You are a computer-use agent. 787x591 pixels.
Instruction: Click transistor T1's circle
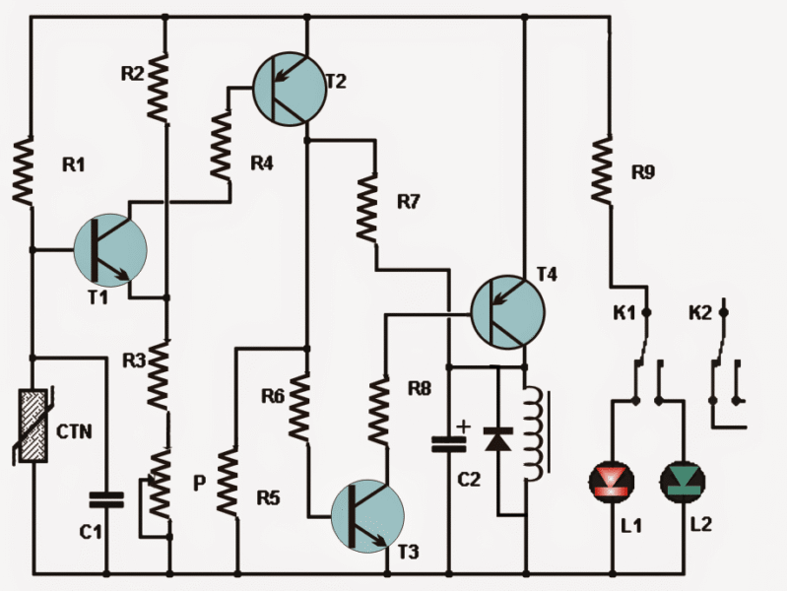[x=109, y=249]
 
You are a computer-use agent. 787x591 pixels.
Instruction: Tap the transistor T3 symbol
[x=366, y=515]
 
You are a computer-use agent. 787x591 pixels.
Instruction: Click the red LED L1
[x=613, y=482]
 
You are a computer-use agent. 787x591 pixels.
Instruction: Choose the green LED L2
[x=682, y=482]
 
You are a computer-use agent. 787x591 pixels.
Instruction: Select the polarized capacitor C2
[x=449, y=444]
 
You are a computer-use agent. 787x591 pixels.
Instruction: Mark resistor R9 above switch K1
[x=602, y=169]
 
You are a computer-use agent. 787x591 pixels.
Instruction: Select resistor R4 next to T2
[x=222, y=143]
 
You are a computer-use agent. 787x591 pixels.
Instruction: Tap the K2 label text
[x=699, y=315]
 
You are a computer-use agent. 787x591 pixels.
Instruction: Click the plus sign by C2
[x=464, y=427]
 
